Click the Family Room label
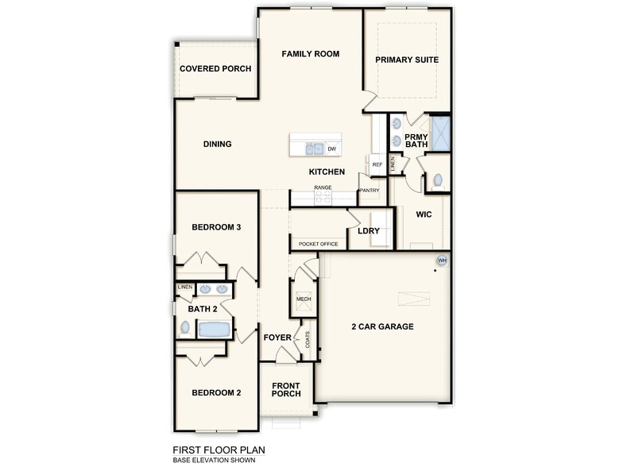311,54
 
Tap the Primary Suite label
407,60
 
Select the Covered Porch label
215,69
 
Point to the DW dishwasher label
331,148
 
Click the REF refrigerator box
377,164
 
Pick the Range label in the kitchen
322,187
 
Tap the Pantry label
370,191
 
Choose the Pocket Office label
319,244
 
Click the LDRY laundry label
369,231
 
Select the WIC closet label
424,215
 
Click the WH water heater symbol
443,261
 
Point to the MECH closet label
304,298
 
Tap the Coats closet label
308,339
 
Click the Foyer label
277,338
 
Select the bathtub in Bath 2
214,329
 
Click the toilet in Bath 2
185,326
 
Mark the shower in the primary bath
440,133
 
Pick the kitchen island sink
314,148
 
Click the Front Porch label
286,390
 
